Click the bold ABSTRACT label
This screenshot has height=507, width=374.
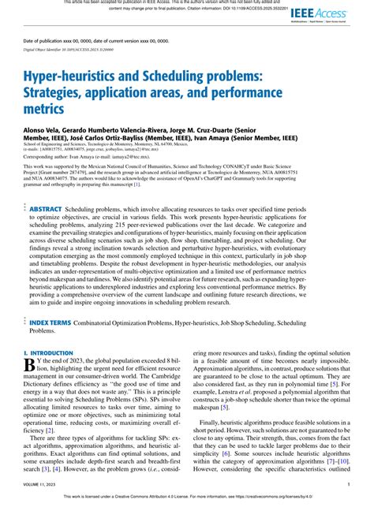tap(51, 210)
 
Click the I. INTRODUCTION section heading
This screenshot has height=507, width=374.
tap(54, 354)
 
